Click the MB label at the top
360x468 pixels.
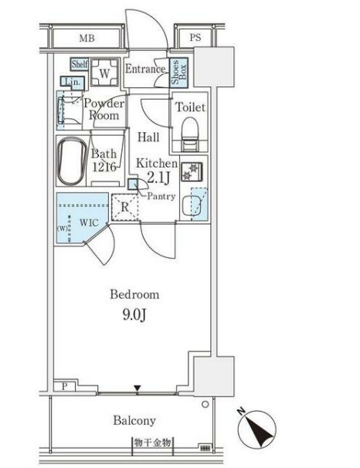pyautogui.click(x=87, y=38)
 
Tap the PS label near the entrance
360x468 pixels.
pyautogui.click(x=195, y=38)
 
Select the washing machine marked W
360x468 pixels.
pyautogui.click(x=104, y=73)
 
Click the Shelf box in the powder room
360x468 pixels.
pyautogui.click(x=80, y=64)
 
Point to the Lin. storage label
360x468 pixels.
pyautogui.click(x=73, y=82)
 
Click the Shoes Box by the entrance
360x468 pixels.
pyautogui.click(x=178, y=73)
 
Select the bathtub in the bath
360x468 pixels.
pyautogui.click(x=72, y=161)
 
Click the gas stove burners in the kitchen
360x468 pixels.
pyautogui.click(x=192, y=172)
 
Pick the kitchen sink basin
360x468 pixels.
pyautogui.click(x=191, y=205)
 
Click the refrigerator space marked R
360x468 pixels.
pyautogui.click(x=125, y=208)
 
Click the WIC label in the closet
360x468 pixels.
pyautogui.click(x=89, y=222)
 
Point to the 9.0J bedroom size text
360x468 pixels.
pyautogui.click(x=134, y=314)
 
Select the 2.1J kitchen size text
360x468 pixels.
pyautogui.click(x=158, y=178)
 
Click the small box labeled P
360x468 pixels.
pyautogui.click(x=65, y=386)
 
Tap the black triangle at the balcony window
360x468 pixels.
pyautogui.click(x=137, y=388)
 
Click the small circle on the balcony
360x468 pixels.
pyautogui.click(x=205, y=405)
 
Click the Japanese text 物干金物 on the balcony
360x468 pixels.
pyautogui.click(x=152, y=443)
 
